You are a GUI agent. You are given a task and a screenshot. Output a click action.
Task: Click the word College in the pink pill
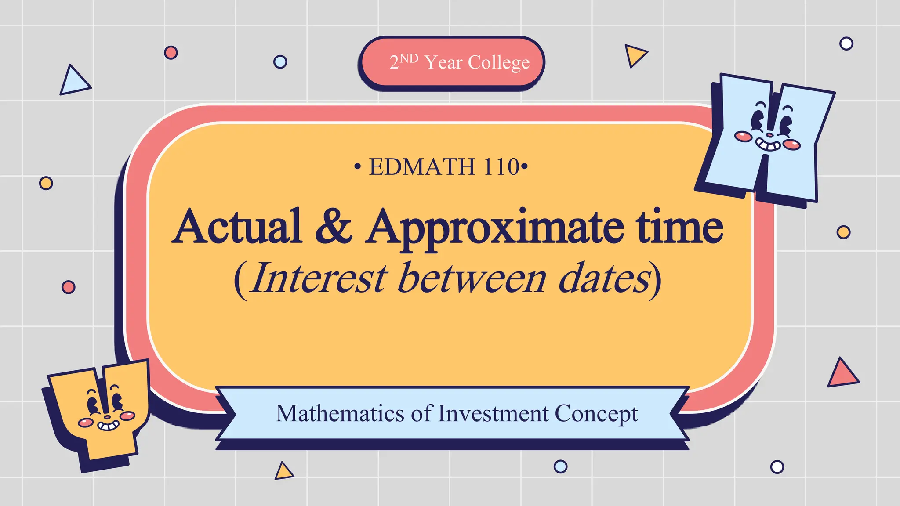click(x=499, y=63)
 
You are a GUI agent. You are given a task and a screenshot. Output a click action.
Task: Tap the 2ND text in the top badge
click(x=403, y=61)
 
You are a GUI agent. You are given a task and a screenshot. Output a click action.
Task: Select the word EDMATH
click(x=422, y=167)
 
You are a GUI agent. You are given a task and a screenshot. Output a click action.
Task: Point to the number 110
click(x=501, y=167)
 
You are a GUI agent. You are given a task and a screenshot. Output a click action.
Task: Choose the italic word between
click(x=472, y=278)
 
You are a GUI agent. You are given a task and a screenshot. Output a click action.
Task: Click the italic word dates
click(x=605, y=278)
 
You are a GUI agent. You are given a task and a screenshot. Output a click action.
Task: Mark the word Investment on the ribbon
click(x=494, y=413)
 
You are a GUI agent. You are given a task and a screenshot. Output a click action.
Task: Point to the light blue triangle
click(x=74, y=82)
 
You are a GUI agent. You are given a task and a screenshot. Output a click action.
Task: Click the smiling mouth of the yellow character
click(x=108, y=425)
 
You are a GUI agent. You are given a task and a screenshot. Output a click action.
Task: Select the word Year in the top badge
click(x=443, y=62)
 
